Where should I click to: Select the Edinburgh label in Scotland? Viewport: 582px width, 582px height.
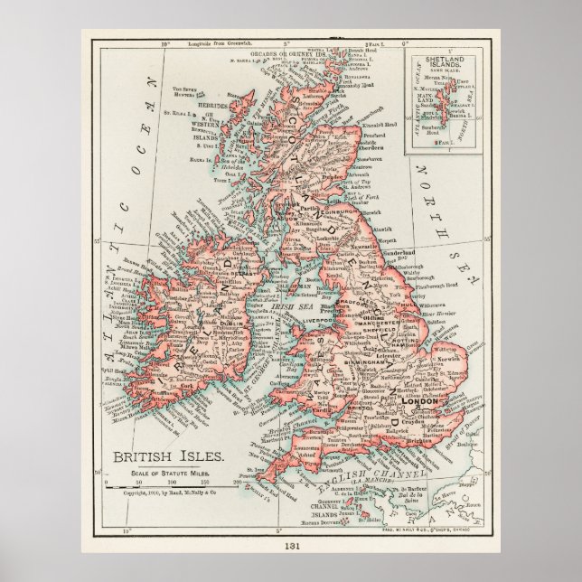[x=322, y=213]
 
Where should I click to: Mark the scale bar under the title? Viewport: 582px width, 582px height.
[x=164, y=482]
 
